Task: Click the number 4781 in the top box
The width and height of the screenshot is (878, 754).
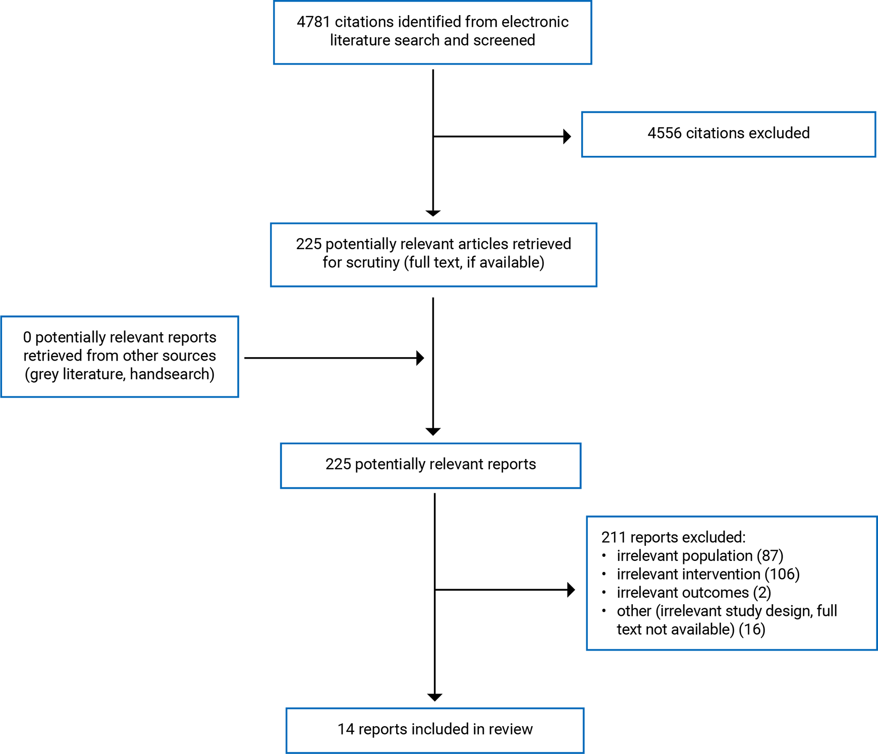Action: pos(313,22)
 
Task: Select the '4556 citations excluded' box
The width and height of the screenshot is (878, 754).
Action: pos(729,134)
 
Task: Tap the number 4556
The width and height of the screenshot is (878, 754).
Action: pos(664,133)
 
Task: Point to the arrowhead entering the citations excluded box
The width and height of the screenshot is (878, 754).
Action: pos(567,136)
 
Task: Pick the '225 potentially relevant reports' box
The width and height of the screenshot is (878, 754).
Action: pos(431,466)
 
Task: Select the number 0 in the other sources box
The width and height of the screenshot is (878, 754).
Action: pos(27,337)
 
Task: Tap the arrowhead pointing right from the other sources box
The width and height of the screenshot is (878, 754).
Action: pos(420,358)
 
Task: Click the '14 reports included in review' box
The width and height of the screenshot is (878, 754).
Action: pos(435,730)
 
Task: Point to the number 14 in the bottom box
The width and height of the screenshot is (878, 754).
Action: pos(346,729)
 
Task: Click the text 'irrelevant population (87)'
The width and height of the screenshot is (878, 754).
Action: pos(700,556)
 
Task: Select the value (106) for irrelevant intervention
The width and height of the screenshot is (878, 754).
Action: pos(782,574)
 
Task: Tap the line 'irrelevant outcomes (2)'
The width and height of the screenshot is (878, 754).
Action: pos(694,593)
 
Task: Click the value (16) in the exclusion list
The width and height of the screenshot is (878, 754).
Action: pos(752,629)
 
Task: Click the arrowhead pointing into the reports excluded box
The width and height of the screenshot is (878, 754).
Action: pos(571,590)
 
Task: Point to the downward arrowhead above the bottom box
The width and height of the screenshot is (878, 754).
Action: pos(434,698)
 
